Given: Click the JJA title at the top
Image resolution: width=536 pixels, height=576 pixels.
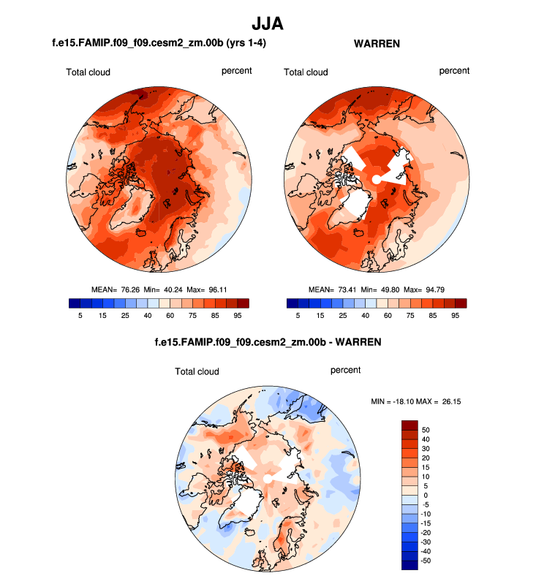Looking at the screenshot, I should click(267, 23).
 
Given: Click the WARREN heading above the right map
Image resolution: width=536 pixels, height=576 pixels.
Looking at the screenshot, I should click(377, 44).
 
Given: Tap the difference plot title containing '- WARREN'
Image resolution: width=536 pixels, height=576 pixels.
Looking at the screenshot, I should click(267, 341).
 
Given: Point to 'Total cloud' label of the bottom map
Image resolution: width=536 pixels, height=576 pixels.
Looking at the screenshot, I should click(196, 371).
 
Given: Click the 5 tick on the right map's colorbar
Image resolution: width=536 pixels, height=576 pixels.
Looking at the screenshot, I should click(298, 315).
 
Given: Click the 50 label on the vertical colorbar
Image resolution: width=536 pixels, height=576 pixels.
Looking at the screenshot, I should click(426, 429).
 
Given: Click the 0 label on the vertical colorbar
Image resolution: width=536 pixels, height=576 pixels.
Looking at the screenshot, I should click(426, 496).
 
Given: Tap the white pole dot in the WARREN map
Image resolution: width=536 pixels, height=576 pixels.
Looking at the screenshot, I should click(376, 179).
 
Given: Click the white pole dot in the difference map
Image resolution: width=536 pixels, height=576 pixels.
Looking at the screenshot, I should click(268, 477).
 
